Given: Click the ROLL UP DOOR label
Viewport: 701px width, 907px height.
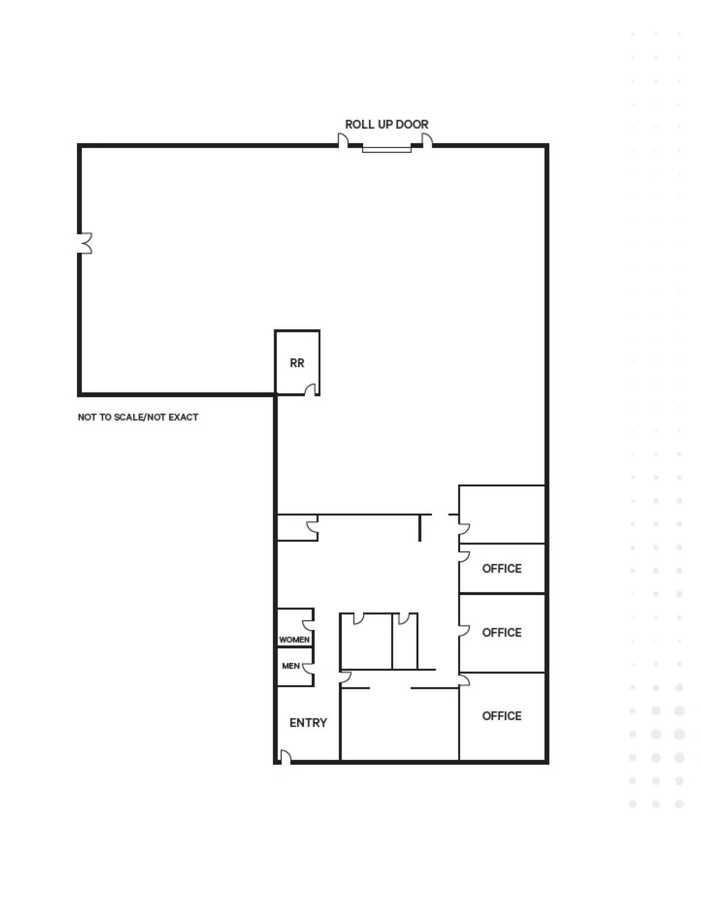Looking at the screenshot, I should click(x=386, y=124).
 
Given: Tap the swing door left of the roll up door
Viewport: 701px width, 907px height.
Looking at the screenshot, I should click(x=343, y=141).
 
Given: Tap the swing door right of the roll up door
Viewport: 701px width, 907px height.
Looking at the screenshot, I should click(x=427, y=141).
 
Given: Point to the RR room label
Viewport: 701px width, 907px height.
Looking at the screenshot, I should click(x=297, y=363).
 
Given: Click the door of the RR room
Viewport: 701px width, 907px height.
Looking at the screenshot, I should click(x=310, y=390).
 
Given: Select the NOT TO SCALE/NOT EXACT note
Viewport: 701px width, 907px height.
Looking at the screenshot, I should click(x=138, y=417).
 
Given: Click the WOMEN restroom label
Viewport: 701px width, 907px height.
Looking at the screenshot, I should click(x=294, y=640).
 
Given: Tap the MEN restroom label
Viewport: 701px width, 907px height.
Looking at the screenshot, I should click(x=290, y=666).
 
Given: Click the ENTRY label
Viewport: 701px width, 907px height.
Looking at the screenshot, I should click(x=308, y=723).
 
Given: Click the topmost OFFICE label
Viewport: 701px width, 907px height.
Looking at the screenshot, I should click(x=501, y=569).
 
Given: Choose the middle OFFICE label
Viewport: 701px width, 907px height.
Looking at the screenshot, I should click(x=501, y=632).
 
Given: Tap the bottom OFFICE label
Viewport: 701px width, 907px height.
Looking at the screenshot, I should click(x=501, y=716).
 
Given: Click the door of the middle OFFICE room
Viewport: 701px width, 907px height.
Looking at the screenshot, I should click(x=464, y=631).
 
